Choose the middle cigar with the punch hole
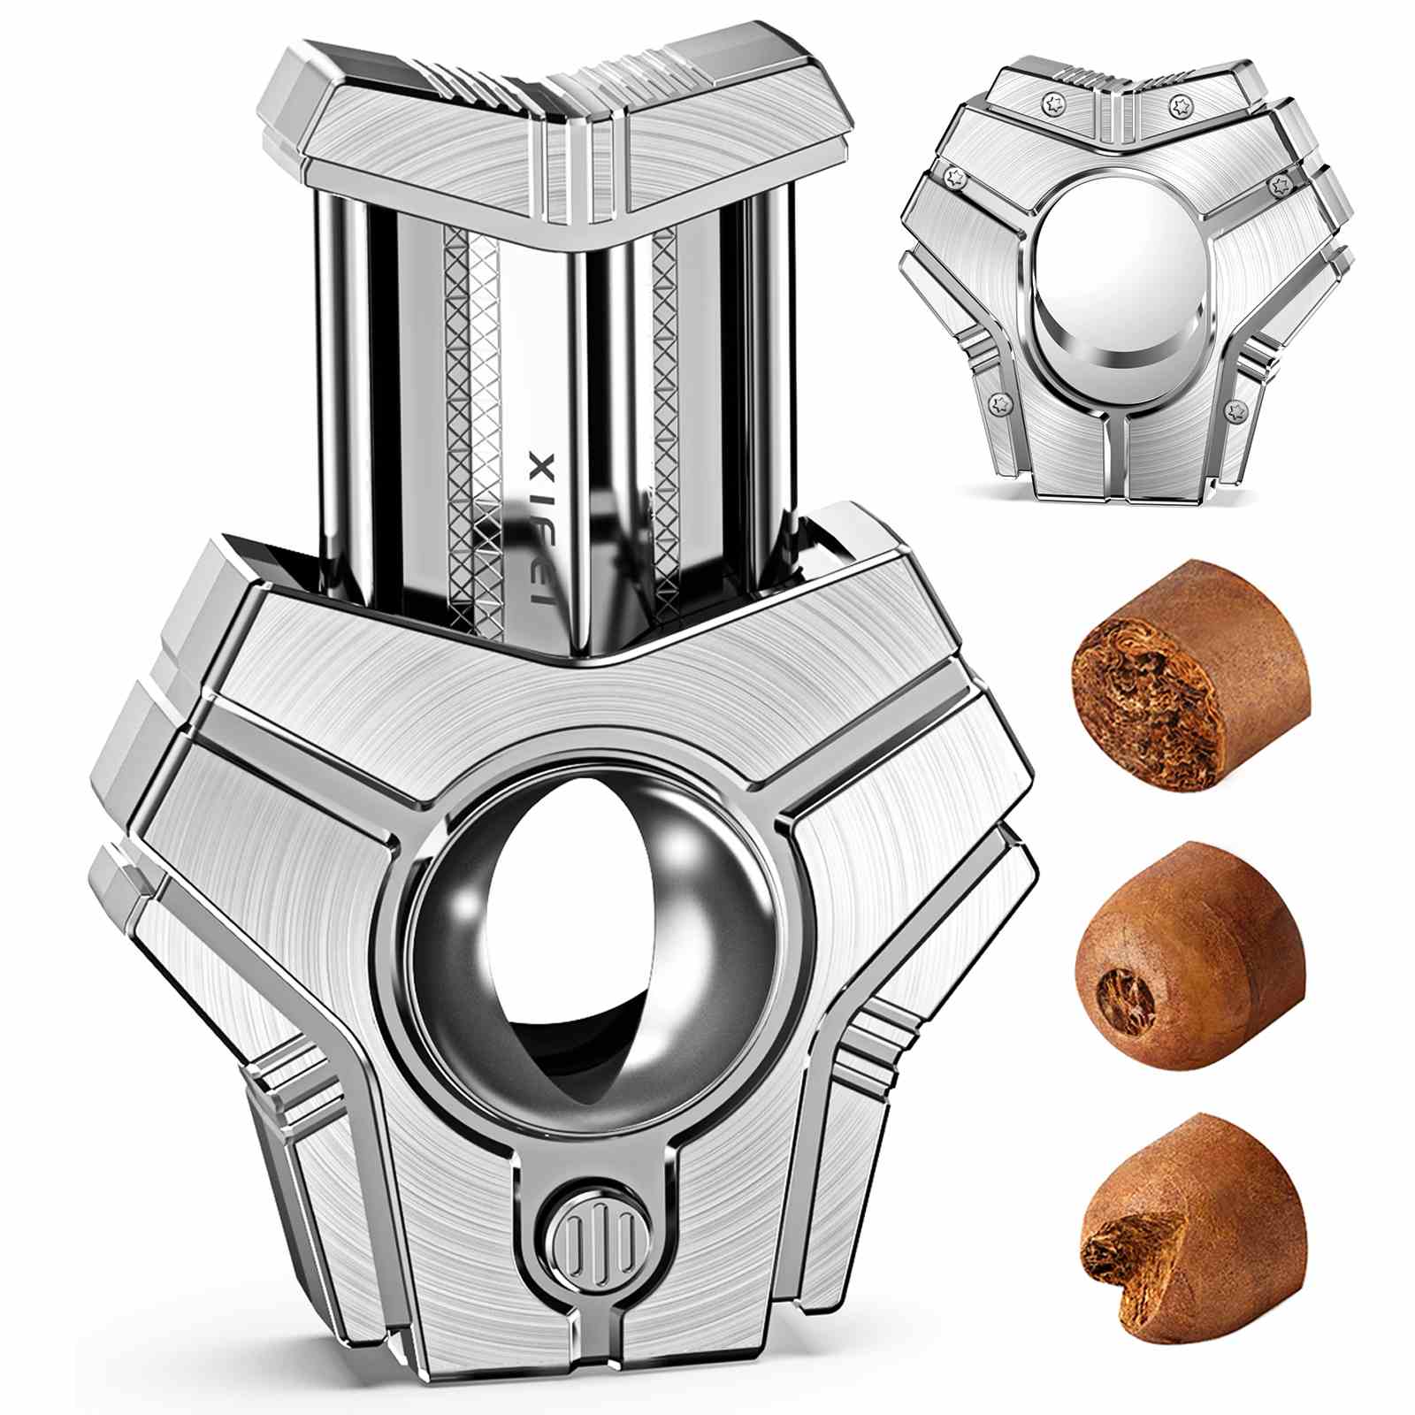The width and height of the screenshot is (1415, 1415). click(1190, 955)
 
